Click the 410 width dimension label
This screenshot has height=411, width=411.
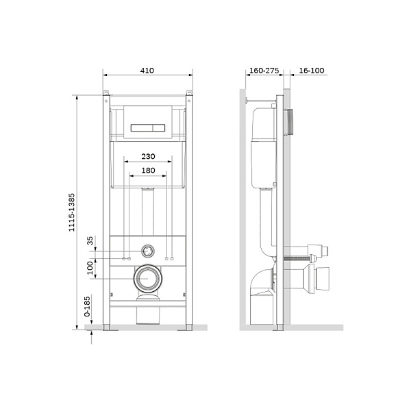click(147, 70)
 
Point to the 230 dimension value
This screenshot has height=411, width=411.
click(147, 156)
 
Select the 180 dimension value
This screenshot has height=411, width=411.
click(147, 170)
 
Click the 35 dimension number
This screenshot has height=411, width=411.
click(90, 241)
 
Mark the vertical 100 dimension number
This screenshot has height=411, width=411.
click(90, 268)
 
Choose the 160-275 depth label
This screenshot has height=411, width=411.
click(263, 70)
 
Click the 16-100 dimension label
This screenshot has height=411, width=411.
click(312, 70)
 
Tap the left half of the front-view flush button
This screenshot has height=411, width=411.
click(138, 127)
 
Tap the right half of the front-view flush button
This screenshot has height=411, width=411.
click(156, 127)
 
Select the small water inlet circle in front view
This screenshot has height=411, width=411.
click(147, 251)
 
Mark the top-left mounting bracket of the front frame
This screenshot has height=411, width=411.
click(106, 94)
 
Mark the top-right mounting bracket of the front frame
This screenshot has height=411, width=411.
click(188, 94)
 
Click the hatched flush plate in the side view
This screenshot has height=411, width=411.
click(291, 122)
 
